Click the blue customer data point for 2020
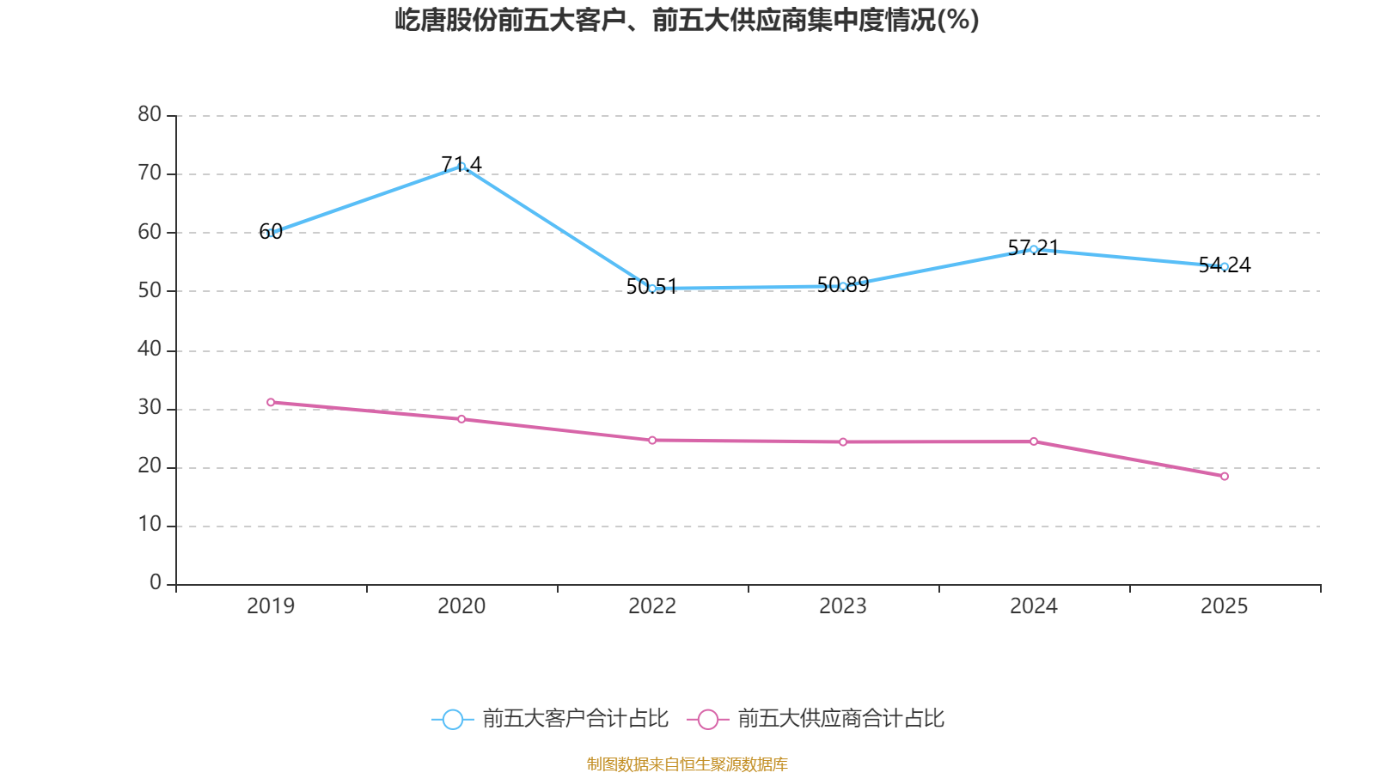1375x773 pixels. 461,166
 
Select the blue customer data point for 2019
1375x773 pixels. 271,233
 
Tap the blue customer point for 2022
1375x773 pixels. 652,289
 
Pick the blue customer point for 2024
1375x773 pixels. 1034,249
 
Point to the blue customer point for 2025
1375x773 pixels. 1225,266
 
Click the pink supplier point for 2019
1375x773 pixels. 271,402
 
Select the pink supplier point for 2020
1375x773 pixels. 461,419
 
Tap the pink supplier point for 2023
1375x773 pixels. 843,442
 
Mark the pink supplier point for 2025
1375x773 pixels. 1225,477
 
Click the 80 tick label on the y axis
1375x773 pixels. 150,114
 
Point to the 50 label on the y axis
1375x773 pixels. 150,290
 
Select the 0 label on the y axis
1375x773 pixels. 156,583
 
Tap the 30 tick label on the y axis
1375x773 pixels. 150,408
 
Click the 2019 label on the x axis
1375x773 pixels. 271,606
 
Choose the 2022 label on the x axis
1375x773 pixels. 652,606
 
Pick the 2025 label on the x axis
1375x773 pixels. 1224,606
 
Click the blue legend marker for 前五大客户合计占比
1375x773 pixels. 452,719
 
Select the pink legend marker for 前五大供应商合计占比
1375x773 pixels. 707,719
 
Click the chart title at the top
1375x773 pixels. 687,20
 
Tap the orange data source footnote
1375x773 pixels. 687,764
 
